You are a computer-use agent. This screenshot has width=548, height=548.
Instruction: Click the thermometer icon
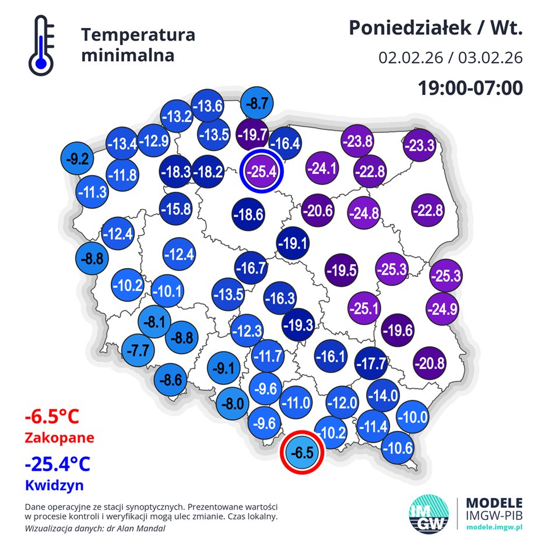pyautogui.click(x=40, y=45)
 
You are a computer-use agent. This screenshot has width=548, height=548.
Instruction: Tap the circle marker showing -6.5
pyautogui.click(x=301, y=452)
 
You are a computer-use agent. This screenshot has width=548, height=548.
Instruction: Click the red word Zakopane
pyautogui.click(x=59, y=437)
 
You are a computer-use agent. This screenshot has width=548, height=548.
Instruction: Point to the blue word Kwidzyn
pyautogui.click(x=54, y=484)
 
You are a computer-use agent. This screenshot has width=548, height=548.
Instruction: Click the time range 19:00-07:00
pyautogui.click(x=469, y=87)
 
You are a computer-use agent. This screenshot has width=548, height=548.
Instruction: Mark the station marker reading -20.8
pyautogui.click(x=430, y=363)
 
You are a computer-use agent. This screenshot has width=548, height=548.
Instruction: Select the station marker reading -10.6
pyautogui.click(x=399, y=448)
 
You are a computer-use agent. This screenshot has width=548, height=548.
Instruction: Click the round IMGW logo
pyautogui.click(x=430, y=514)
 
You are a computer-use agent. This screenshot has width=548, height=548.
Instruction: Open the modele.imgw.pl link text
pyautogui.click(x=495, y=526)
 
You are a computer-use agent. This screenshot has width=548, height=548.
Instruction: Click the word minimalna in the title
pyautogui.click(x=128, y=56)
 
